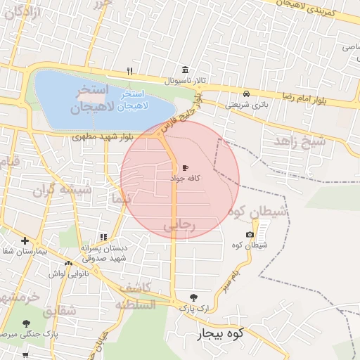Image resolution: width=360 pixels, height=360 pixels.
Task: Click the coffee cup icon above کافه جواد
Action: tap(185, 167)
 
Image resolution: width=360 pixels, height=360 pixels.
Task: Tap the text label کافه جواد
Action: tap(186, 179)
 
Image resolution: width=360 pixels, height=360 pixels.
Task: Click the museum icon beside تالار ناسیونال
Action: tap(185, 70)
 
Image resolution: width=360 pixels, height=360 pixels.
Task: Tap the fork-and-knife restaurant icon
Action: tap(129, 71)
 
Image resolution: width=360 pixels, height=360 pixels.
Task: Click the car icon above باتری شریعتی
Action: tap(246, 94)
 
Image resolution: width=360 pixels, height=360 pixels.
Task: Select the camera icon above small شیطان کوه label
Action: tap(250, 234)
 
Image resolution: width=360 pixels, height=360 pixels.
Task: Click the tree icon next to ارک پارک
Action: tap(194, 297)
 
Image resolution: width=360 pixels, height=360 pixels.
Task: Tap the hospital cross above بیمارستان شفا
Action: tap(25, 240)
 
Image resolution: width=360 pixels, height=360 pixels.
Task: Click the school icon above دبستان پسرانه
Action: tap(103, 237)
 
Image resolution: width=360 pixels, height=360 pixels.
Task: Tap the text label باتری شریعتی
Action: tap(247, 105)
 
